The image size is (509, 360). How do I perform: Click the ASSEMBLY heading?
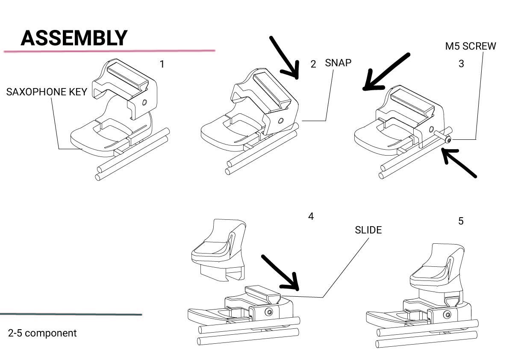pos(74,38)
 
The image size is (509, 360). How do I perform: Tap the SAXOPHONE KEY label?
pos(47,92)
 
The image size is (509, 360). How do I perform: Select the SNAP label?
pos(338,63)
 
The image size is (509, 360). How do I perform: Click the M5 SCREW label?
pos(471,46)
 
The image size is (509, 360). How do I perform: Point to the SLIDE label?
pos(368,230)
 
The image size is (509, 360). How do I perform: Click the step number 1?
pos(162,64)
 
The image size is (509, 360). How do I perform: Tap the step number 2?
pos(313,64)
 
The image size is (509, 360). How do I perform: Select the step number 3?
pos(461,64)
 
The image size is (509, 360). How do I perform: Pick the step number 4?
pos(311,216)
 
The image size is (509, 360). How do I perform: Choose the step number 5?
pos(461,221)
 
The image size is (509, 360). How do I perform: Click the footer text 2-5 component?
pos(42,333)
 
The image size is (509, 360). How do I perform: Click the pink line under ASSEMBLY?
pos(109,51)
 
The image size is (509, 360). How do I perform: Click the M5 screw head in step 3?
pos(448,140)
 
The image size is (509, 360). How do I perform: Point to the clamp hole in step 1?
pos(144,103)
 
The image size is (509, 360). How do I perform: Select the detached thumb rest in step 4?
pos(218,249)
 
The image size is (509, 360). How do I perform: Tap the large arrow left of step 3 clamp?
pos(386,72)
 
